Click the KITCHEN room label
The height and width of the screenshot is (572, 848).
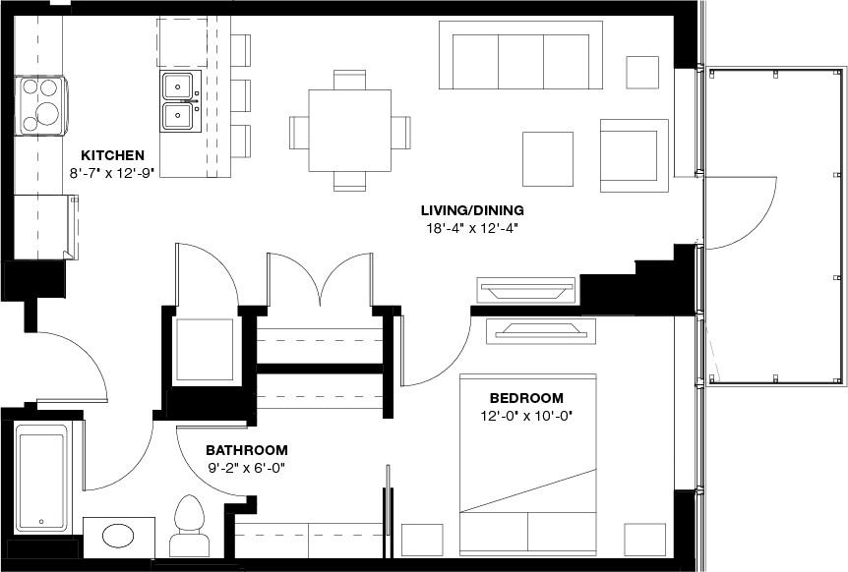pyautogui.click(x=112, y=155)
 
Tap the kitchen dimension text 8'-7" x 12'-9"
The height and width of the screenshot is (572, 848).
pyautogui.click(x=112, y=172)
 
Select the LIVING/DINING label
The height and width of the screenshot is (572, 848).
pyautogui.click(x=472, y=210)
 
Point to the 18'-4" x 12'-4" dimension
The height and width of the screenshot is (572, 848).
pyautogui.click(x=472, y=228)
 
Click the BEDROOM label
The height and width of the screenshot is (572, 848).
pyautogui.click(x=526, y=398)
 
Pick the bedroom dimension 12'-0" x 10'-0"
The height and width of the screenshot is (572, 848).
pyautogui.click(x=526, y=416)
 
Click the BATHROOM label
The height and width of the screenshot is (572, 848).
pyautogui.click(x=247, y=449)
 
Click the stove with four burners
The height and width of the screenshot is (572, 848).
pyautogui.click(x=41, y=105)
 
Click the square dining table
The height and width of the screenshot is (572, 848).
pyautogui.click(x=349, y=130)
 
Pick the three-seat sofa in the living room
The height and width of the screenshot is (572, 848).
pyautogui.click(x=526, y=55)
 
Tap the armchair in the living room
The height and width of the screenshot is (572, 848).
pyautogui.click(x=635, y=154)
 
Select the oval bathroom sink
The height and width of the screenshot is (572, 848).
pyautogui.click(x=120, y=537)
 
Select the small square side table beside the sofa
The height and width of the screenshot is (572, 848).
pyautogui.click(x=642, y=73)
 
